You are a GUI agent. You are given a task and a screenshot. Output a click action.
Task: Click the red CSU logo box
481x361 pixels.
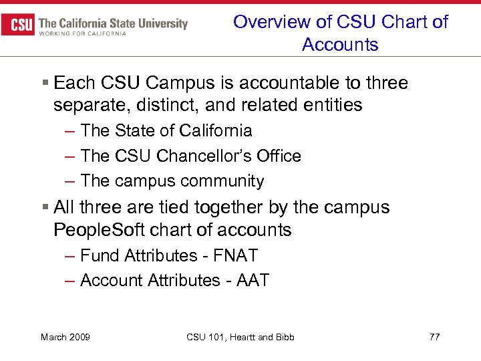point(19,25)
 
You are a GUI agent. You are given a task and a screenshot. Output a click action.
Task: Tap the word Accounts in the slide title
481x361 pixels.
point(340,45)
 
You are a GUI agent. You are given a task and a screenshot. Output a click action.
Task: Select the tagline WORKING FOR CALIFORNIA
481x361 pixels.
point(83,34)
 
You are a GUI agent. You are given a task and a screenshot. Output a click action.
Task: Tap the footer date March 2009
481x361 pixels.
point(65,337)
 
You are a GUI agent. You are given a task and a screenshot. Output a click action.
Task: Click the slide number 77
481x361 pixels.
point(434,337)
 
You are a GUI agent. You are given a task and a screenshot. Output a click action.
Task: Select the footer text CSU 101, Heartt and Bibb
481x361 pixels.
point(240,337)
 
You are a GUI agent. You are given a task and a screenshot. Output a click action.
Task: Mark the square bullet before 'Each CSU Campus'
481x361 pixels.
point(44,83)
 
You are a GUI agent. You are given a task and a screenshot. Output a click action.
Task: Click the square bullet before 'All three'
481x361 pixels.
point(44,207)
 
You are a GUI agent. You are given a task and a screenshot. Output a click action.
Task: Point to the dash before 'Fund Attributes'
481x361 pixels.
point(70,255)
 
